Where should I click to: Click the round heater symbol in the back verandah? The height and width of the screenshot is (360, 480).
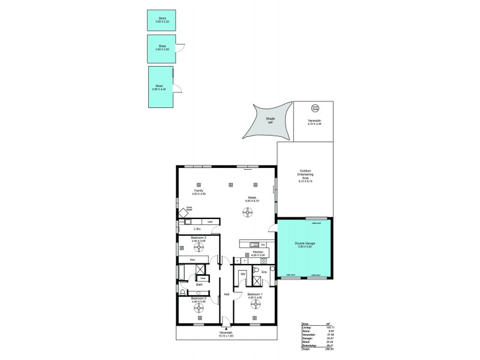point(315,109)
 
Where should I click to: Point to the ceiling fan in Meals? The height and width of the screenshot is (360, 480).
point(248,211)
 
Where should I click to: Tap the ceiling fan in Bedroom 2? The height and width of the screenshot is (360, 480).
point(199,308)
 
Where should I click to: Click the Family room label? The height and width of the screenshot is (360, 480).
point(199,193)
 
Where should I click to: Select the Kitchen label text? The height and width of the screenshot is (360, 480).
point(250,253)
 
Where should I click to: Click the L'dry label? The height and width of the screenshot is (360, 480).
point(197,229)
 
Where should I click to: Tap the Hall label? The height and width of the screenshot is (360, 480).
point(227,295)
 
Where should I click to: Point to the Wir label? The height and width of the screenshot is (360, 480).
point(242,274)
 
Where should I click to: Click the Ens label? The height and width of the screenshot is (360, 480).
point(264,272)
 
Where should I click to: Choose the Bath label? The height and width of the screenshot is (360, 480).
point(199,284)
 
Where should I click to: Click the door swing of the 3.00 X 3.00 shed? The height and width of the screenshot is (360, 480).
point(182,50)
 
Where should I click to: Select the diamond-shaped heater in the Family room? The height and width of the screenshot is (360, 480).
point(181,212)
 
